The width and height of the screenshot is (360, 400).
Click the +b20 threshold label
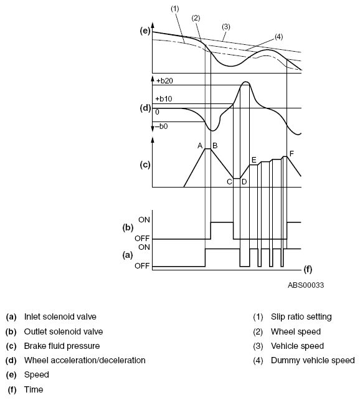click(164, 81)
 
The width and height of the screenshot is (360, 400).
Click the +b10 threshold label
click(164, 98)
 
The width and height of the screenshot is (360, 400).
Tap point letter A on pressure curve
click(200, 146)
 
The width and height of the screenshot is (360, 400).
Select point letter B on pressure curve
click(215, 146)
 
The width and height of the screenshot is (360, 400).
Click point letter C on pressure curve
click(229, 182)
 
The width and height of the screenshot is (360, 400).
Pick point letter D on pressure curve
click(244, 182)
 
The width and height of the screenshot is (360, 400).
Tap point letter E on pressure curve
click(254, 160)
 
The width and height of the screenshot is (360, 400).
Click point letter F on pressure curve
click(292, 153)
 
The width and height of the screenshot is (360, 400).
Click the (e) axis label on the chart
click(145, 31)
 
